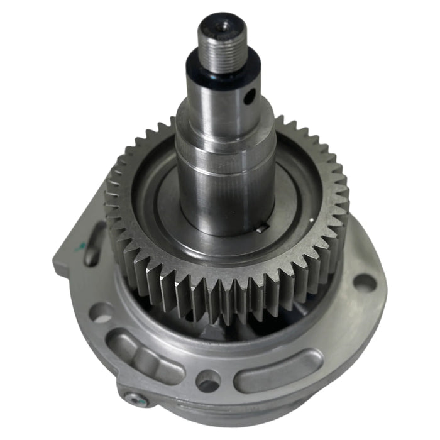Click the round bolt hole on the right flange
click(364, 282)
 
